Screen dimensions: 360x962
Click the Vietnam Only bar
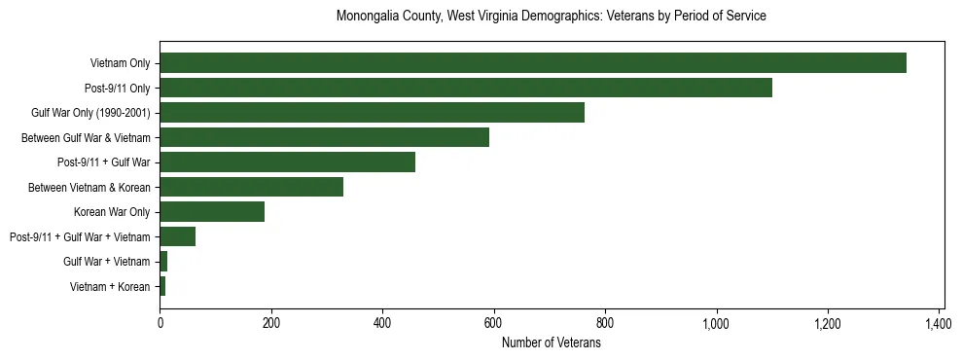point(533,63)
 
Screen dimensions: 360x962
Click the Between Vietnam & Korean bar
point(251,187)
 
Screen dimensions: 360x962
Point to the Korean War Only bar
point(212,212)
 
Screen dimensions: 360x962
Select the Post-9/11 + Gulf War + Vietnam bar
point(177,236)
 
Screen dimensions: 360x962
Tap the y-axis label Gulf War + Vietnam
point(106,262)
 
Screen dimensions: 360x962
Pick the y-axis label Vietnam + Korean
point(110,287)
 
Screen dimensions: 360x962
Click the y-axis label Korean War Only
point(112,212)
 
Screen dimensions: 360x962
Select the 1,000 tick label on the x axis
point(716,322)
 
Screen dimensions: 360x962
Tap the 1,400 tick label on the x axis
point(939,322)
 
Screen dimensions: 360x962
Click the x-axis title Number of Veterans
point(551,342)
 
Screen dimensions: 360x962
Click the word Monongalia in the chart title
point(369,17)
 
